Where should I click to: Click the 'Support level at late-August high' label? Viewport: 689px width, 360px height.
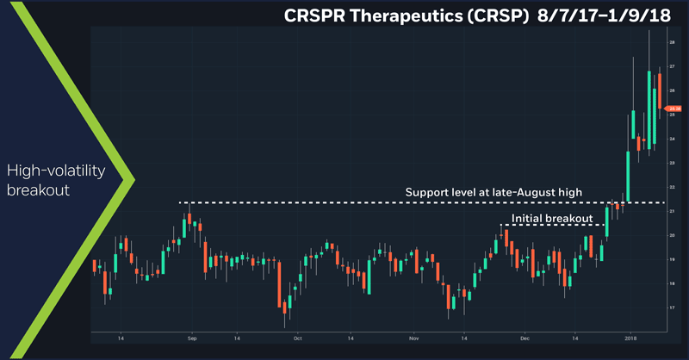(495, 191)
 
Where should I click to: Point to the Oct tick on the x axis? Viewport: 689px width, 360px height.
(297, 339)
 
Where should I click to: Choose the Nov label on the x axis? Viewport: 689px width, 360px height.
(413, 339)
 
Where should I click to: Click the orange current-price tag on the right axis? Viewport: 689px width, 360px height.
(671, 108)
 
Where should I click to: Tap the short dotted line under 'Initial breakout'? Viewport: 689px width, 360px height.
(552, 225)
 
